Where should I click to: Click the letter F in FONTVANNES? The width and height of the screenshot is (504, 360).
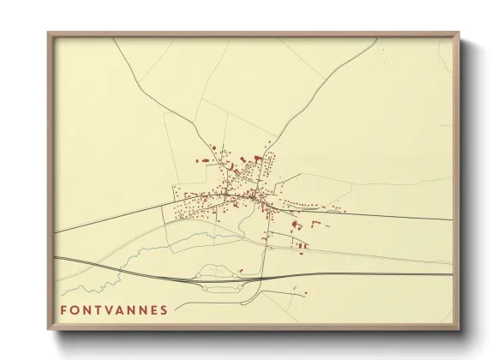coord(64,309)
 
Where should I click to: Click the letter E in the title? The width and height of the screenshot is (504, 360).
coord(153,309)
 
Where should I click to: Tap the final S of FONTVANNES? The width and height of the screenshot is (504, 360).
coord(164,309)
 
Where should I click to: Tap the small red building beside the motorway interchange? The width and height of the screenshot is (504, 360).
coord(242,272)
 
